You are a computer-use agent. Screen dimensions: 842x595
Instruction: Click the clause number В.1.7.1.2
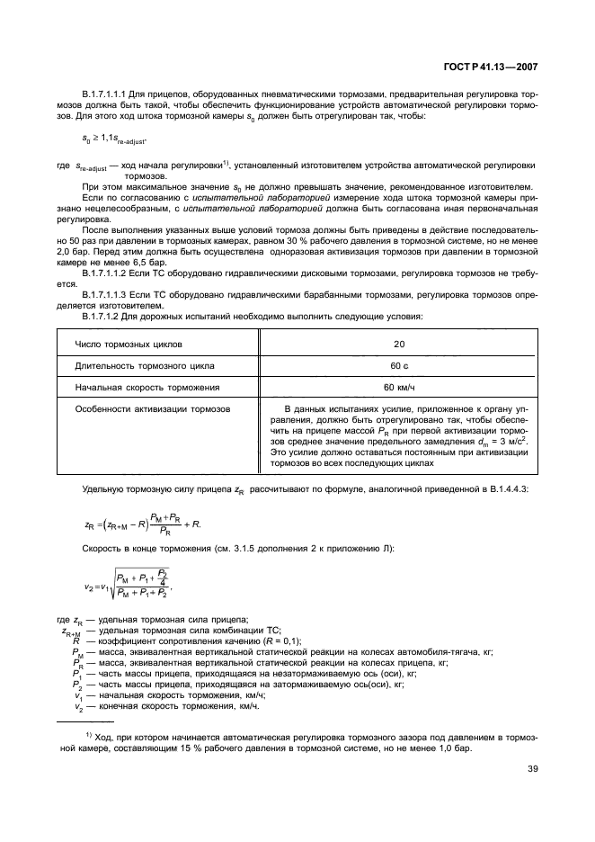pyautogui.click(x=105, y=317)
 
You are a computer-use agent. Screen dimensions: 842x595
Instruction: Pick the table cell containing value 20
pyautogui.click(x=399, y=345)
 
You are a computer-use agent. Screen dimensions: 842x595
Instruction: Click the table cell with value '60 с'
pyautogui.click(x=399, y=366)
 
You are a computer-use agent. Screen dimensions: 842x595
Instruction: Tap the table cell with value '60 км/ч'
pyautogui.click(x=399, y=388)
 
